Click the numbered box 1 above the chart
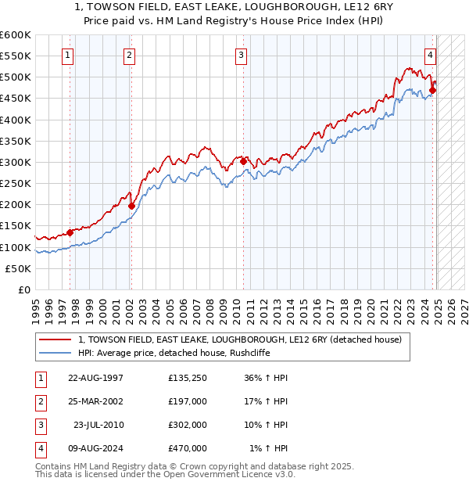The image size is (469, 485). point(70,56)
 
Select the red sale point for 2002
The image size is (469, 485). point(131,207)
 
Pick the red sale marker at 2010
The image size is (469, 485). point(243,162)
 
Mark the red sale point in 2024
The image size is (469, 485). point(433,91)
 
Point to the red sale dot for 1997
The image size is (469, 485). point(70,232)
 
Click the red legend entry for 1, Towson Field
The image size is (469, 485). point(239,340)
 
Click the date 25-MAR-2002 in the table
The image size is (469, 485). point(96,401)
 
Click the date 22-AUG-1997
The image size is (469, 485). point(96,377)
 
